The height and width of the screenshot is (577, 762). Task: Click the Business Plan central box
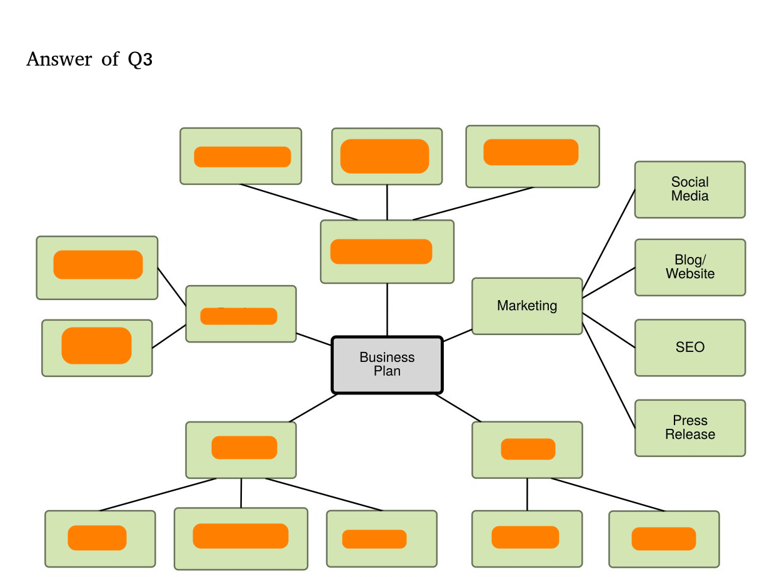pyautogui.click(x=387, y=365)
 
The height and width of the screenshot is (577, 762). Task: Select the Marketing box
pyautogui.click(x=527, y=306)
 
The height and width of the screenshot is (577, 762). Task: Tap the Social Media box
pyautogui.click(x=689, y=189)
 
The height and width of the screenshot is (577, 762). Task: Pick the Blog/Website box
pyautogui.click(x=689, y=267)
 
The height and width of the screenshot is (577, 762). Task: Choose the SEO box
pyautogui.click(x=689, y=348)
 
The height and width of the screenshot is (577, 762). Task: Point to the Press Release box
pyautogui.click(x=689, y=428)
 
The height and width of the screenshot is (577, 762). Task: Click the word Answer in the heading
pyautogui.click(x=59, y=59)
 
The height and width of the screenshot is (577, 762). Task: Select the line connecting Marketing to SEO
pyautogui.click(x=609, y=330)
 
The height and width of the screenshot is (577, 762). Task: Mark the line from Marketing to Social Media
pyautogui.click(x=609, y=240)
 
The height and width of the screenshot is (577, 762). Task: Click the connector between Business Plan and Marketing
pyautogui.click(x=457, y=335)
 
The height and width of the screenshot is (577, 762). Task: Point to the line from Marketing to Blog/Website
pyautogui.click(x=609, y=282)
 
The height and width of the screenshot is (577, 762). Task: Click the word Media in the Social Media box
pyautogui.click(x=689, y=196)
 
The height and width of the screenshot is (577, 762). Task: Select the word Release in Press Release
pyautogui.click(x=689, y=434)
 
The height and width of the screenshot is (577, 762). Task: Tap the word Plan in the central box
pyautogui.click(x=387, y=371)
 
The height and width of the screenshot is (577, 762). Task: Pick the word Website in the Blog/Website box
pyautogui.click(x=689, y=274)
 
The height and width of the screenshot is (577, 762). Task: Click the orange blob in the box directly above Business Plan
pyautogui.click(x=381, y=251)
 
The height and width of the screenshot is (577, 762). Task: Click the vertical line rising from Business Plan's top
pyautogui.click(x=387, y=310)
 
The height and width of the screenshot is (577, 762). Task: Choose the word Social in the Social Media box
pyautogui.click(x=689, y=183)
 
